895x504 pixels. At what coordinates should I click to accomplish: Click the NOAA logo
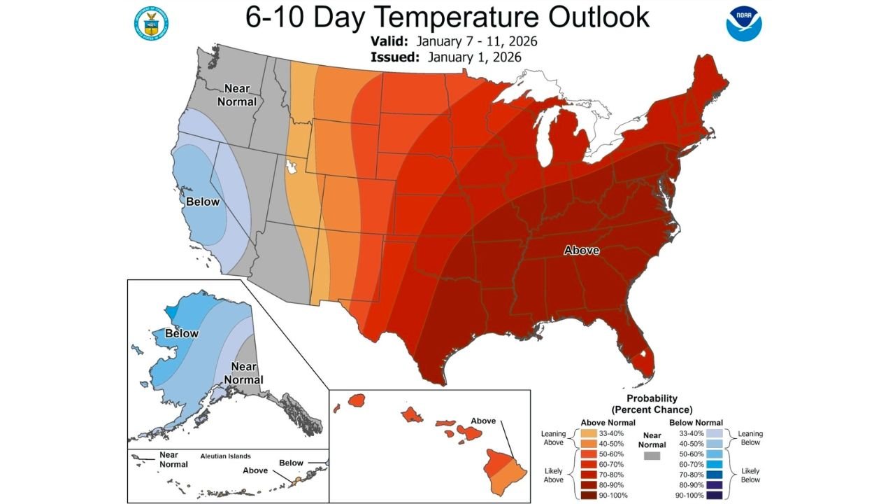743,24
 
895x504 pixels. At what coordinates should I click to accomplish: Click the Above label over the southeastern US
582,250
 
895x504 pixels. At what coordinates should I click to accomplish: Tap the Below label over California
202,202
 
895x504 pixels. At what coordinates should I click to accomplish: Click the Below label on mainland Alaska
182,334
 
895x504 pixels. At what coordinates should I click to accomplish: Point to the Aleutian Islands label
225,456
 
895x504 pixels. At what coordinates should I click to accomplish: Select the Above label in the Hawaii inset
483,421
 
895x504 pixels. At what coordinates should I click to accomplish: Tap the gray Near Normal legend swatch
652,456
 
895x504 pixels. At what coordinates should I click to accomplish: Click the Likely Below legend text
750,475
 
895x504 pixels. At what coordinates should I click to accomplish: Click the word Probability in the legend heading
652,398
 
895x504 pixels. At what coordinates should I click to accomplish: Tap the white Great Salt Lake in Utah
291,168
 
